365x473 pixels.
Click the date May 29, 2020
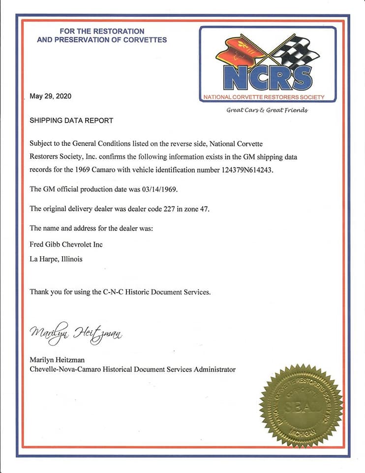tap(51, 96)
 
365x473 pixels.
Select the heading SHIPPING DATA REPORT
tap(71, 120)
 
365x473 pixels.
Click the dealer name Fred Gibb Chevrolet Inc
tap(66, 244)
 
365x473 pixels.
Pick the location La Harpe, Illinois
tap(56, 259)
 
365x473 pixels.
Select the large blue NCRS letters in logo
tap(267, 77)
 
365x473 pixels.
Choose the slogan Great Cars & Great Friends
tap(267, 110)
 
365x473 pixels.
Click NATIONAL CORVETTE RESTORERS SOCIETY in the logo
tap(264, 97)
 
